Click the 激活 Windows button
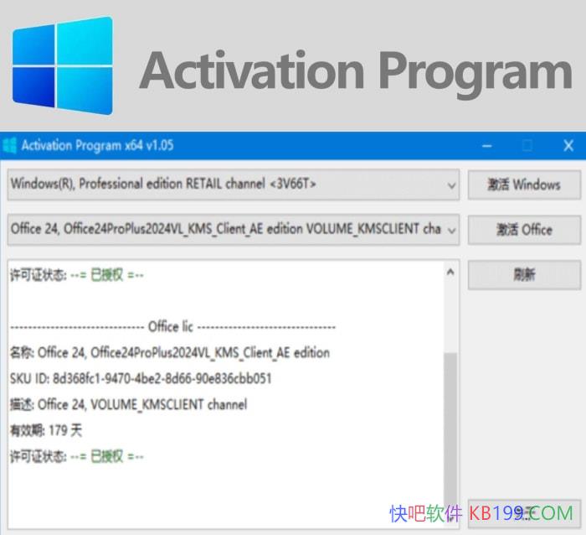tap(524, 184)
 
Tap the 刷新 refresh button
tap(524, 274)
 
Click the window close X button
tap(568, 146)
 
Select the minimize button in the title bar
tap(487, 146)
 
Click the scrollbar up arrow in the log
tap(450, 273)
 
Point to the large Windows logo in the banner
tap(63, 65)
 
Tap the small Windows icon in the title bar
tap(10, 146)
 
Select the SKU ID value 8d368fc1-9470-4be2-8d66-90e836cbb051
tap(162, 378)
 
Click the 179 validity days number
tap(59, 430)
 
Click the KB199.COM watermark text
tap(521, 512)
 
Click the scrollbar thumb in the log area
tap(450, 419)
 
